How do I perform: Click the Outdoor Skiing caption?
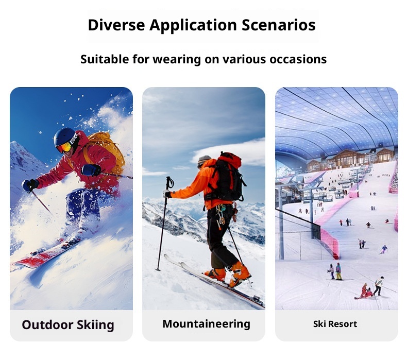click(68, 325)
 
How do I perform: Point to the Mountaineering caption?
click(206, 324)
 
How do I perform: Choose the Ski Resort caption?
click(335, 324)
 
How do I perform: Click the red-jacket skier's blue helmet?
click(64, 137)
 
